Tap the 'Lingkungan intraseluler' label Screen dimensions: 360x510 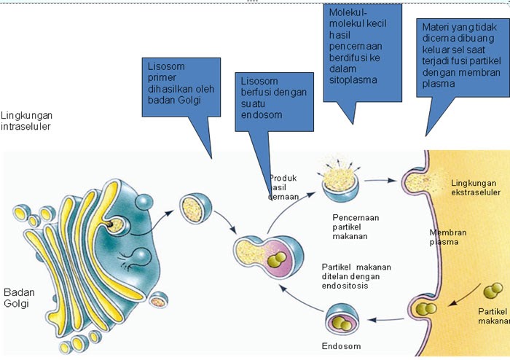click(27, 121)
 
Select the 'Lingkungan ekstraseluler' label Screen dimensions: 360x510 click(474, 189)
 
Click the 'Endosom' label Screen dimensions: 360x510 click(340, 346)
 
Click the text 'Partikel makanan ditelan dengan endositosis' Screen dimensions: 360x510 click(356, 277)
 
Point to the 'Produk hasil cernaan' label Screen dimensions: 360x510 click(283, 187)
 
